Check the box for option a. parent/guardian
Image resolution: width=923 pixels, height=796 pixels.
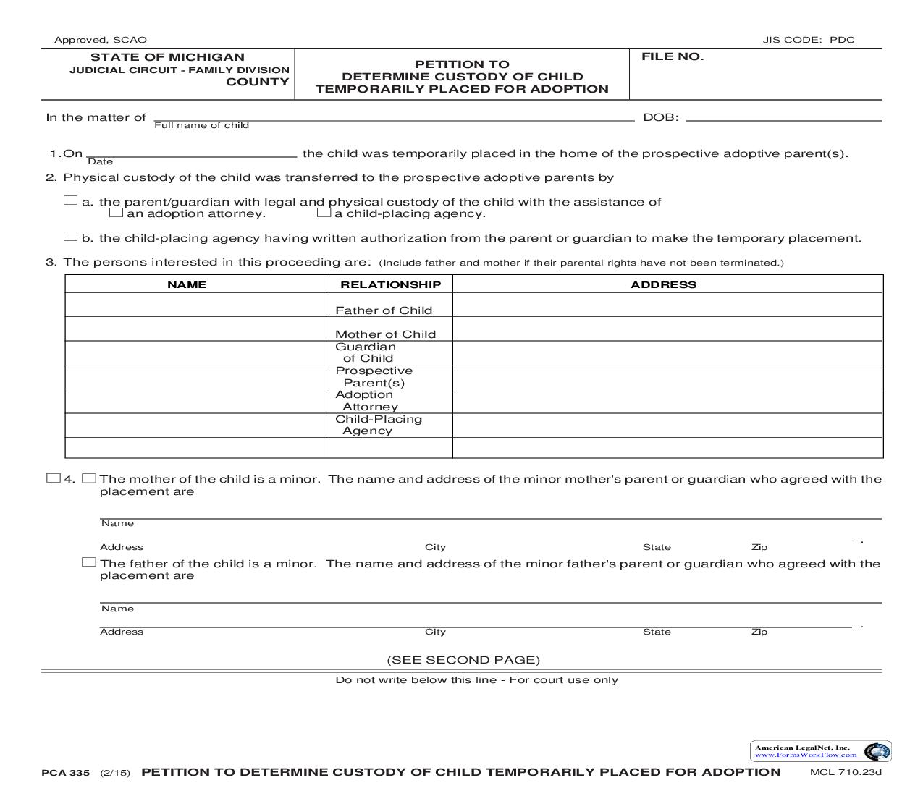coord(70,200)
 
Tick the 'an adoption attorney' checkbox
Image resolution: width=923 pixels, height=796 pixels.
coord(116,213)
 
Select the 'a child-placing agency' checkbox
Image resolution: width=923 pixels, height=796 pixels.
coord(324,213)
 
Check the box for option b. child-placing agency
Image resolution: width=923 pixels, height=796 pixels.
coord(70,237)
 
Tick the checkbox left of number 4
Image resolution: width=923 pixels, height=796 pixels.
coord(53,478)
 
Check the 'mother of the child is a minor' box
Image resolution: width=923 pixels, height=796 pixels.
coord(89,478)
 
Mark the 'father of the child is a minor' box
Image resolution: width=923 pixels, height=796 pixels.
coord(89,562)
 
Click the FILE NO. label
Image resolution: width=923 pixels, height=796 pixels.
coord(672,57)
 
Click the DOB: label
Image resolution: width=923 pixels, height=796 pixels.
coord(661,117)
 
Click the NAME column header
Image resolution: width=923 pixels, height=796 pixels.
coord(187,285)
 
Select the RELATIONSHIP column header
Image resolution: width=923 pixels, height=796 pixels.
coord(390,285)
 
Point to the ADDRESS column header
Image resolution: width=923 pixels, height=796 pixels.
coord(663,285)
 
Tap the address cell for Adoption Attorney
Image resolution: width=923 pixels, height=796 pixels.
coord(667,401)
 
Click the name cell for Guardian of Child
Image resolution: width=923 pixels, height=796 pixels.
coord(195,353)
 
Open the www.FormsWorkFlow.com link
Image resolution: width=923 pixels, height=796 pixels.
coord(806,755)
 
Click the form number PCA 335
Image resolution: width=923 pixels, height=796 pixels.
coord(66,773)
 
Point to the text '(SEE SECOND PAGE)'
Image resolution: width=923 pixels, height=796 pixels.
coord(463,660)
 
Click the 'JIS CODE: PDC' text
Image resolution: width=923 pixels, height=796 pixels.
coord(808,40)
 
